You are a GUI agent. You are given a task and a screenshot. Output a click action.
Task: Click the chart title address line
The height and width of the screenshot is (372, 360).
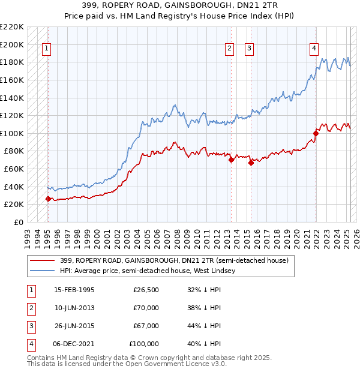[179, 5]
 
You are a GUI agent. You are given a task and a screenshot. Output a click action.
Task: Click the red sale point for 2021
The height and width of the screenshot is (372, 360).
[316, 133]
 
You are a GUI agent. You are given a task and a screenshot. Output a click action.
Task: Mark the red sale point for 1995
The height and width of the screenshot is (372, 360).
[48, 199]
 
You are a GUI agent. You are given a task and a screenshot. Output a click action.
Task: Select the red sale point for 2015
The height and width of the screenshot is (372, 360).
[251, 163]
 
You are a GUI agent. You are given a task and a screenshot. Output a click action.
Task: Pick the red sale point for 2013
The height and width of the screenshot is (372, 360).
[231, 160]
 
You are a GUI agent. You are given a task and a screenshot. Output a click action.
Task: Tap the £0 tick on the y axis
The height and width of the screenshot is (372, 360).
[18, 222]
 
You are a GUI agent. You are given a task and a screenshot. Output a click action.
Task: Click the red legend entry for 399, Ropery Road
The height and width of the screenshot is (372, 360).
[174, 260]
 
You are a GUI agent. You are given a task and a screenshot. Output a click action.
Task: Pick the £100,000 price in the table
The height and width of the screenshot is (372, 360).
[145, 344]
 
